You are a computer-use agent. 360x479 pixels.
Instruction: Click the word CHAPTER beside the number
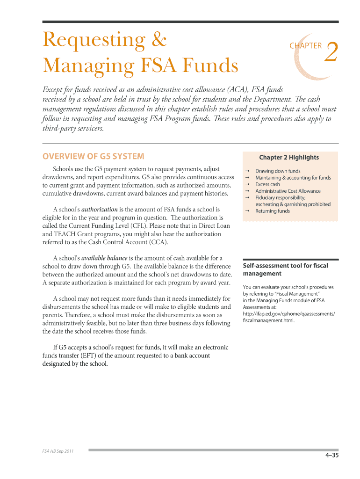[x=306, y=46]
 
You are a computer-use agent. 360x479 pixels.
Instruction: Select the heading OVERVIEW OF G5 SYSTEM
[x=94, y=156]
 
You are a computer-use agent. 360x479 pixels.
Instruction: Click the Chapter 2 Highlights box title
[x=289, y=157]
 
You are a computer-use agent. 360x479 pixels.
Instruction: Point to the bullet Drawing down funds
[x=278, y=171]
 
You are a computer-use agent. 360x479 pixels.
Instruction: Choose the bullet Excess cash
[x=267, y=184]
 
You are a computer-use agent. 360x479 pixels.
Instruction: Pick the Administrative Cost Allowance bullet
[x=288, y=191]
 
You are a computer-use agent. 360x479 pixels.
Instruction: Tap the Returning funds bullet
[x=272, y=211]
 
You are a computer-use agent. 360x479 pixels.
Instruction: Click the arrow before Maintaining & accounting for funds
[x=246, y=178]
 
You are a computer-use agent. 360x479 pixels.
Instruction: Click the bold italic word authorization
[x=100, y=210]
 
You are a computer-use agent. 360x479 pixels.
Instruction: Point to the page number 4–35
[x=332, y=456]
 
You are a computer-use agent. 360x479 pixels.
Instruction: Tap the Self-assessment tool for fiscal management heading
[x=285, y=269]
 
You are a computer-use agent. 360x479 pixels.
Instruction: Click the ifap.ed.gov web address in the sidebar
[x=289, y=314]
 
